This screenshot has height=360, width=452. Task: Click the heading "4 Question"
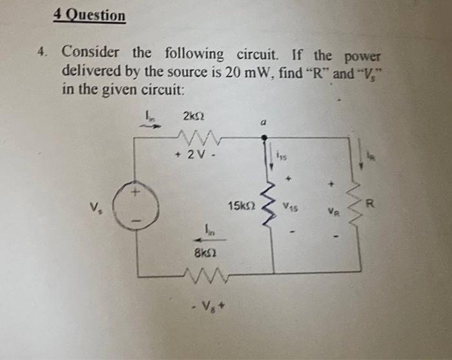click(90, 15)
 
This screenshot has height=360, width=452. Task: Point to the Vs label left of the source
click(98, 209)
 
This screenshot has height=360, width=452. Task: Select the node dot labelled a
click(263, 137)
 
